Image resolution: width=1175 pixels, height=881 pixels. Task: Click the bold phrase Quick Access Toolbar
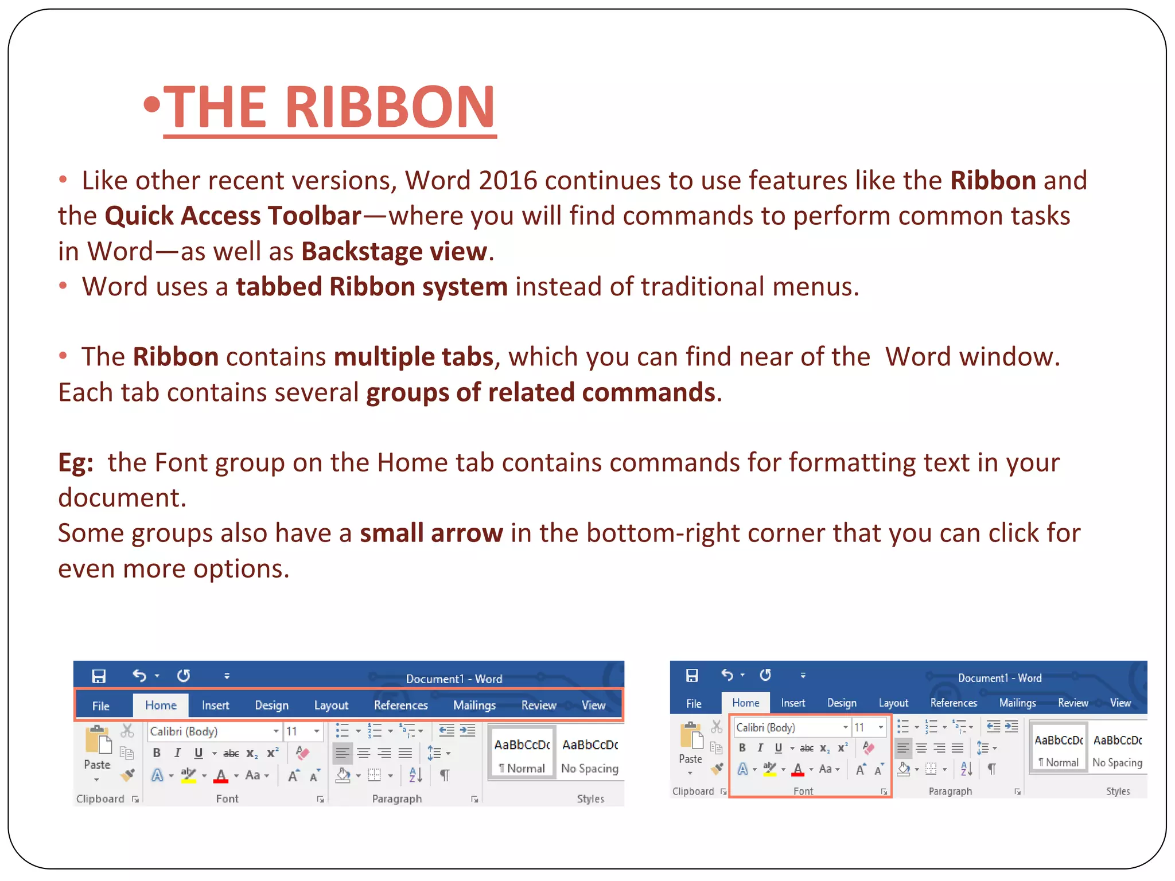[x=233, y=216]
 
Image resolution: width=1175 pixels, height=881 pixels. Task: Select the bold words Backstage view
[x=394, y=252]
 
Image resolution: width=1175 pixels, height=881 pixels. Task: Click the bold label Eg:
[x=76, y=463]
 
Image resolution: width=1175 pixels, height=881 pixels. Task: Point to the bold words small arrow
[x=431, y=533]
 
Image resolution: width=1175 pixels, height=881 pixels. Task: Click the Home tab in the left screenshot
[x=161, y=705]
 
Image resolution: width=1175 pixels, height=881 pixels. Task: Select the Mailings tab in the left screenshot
[x=474, y=705]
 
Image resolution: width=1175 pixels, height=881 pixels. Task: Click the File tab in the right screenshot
[x=694, y=703]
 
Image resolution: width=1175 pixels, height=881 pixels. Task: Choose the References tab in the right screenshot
[x=954, y=703]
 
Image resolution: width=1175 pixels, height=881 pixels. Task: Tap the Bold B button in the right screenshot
[x=742, y=748]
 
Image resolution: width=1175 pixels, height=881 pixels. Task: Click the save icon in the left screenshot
[x=99, y=676]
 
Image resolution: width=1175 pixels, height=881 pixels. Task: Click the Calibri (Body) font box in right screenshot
[x=786, y=728]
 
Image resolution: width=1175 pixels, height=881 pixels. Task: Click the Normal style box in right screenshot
[x=1058, y=751]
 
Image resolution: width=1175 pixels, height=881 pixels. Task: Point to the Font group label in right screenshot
[x=803, y=792]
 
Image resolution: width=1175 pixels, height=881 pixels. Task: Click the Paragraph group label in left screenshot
[x=397, y=799]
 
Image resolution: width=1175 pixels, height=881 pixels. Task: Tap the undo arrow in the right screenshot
[x=727, y=675]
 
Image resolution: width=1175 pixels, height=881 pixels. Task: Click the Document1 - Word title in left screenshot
[x=454, y=679]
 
